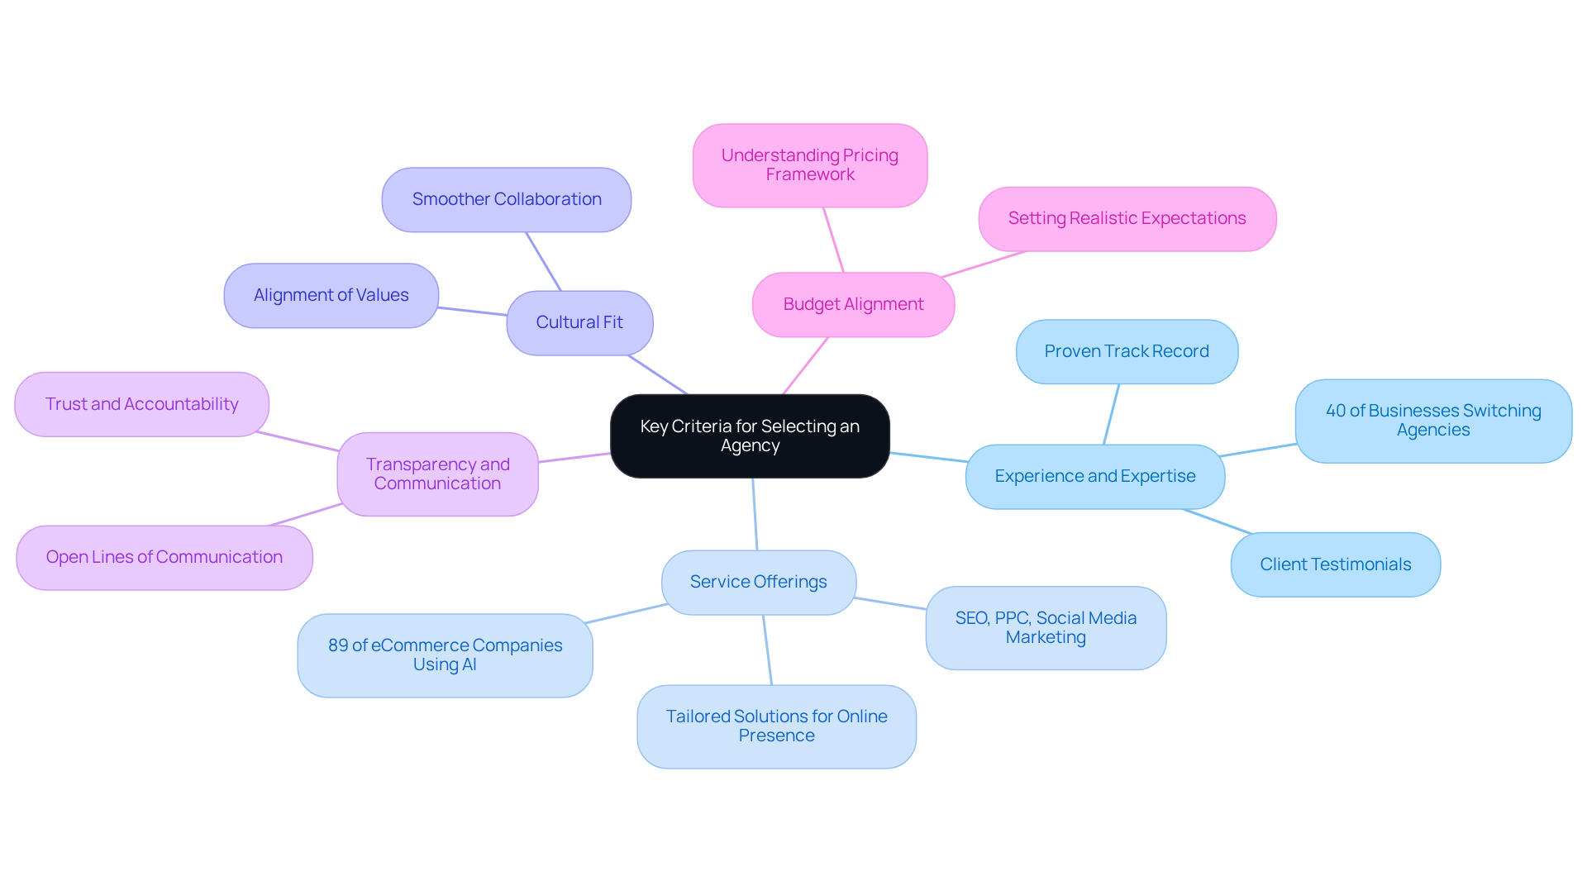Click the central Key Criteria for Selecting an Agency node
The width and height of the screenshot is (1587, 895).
point(750,436)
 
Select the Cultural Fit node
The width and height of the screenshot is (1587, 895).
point(579,322)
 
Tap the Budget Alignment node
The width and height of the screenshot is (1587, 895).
point(853,304)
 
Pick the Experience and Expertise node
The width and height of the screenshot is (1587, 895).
point(1094,476)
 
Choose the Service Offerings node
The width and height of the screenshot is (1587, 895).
point(758,582)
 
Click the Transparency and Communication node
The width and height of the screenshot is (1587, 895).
point(437,474)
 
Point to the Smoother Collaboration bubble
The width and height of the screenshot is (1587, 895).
point(507,199)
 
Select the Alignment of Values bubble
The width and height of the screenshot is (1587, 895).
point(331,295)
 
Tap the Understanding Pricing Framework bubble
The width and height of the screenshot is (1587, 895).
point(809,164)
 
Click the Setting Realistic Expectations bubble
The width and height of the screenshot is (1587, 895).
point(1127,218)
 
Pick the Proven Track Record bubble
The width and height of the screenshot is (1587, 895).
point(1126,351)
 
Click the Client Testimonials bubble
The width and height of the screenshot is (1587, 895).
point(1335,564)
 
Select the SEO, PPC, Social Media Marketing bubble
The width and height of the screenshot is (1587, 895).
point(1046,627)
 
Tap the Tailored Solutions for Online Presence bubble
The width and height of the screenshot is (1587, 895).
point(776,726)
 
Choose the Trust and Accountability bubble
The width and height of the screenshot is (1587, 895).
point(141,404)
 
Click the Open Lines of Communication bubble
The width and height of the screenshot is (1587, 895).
point(164,557)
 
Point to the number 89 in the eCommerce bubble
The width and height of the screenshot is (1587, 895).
point(338,645)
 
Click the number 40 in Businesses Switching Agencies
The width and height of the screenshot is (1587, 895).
point(1336,411)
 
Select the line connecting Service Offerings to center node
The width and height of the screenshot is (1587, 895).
point(755,514)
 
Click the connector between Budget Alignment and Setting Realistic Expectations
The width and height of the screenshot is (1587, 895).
point(984,264)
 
